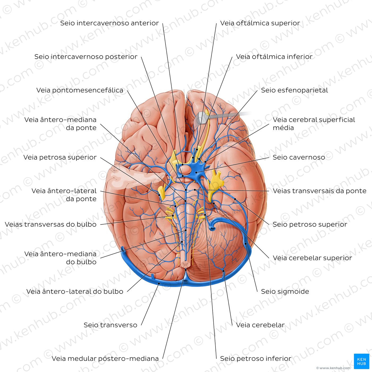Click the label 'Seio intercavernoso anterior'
(109, 23)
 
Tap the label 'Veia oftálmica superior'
(260, 23)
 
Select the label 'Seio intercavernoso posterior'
(86, 57)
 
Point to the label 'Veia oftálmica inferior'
(274, 57)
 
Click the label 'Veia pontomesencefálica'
(80, 90)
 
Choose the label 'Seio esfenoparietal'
(294, 90)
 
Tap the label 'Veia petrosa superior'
(60, 157)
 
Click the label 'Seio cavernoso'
(299, 157)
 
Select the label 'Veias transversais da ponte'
(319, 191)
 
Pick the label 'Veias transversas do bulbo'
(50, 224)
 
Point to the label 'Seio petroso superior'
(310, 224)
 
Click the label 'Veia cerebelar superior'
(312, 258)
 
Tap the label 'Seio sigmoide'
(285, 291)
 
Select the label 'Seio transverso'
(111, 325)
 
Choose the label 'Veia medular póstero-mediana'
(105, 358)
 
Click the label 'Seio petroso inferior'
(256, 358)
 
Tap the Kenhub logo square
(361, 361)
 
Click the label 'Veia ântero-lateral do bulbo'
(75, 291)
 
